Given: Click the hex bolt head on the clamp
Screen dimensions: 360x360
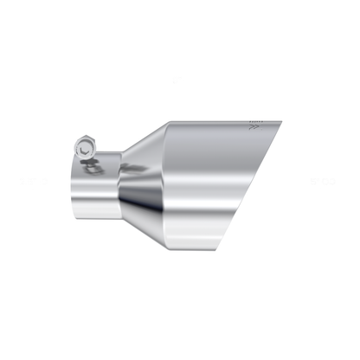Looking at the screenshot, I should (x=85, y=146).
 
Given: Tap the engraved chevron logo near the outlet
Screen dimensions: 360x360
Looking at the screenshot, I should (x=254, y=127).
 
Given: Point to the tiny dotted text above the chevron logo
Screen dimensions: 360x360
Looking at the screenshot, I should (x=254, y=119).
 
